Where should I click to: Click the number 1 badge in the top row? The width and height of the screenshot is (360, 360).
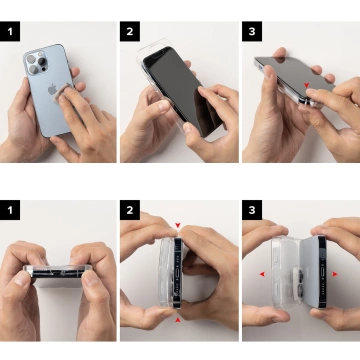11,31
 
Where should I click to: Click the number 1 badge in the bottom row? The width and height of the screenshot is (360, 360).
11,211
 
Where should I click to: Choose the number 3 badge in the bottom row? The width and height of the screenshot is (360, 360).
253,211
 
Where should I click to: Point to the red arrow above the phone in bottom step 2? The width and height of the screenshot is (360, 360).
177,225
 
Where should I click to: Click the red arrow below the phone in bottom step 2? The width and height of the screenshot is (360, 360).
177,320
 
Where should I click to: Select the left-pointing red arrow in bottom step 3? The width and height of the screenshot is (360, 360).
263,273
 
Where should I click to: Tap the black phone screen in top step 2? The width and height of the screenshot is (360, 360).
180,90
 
